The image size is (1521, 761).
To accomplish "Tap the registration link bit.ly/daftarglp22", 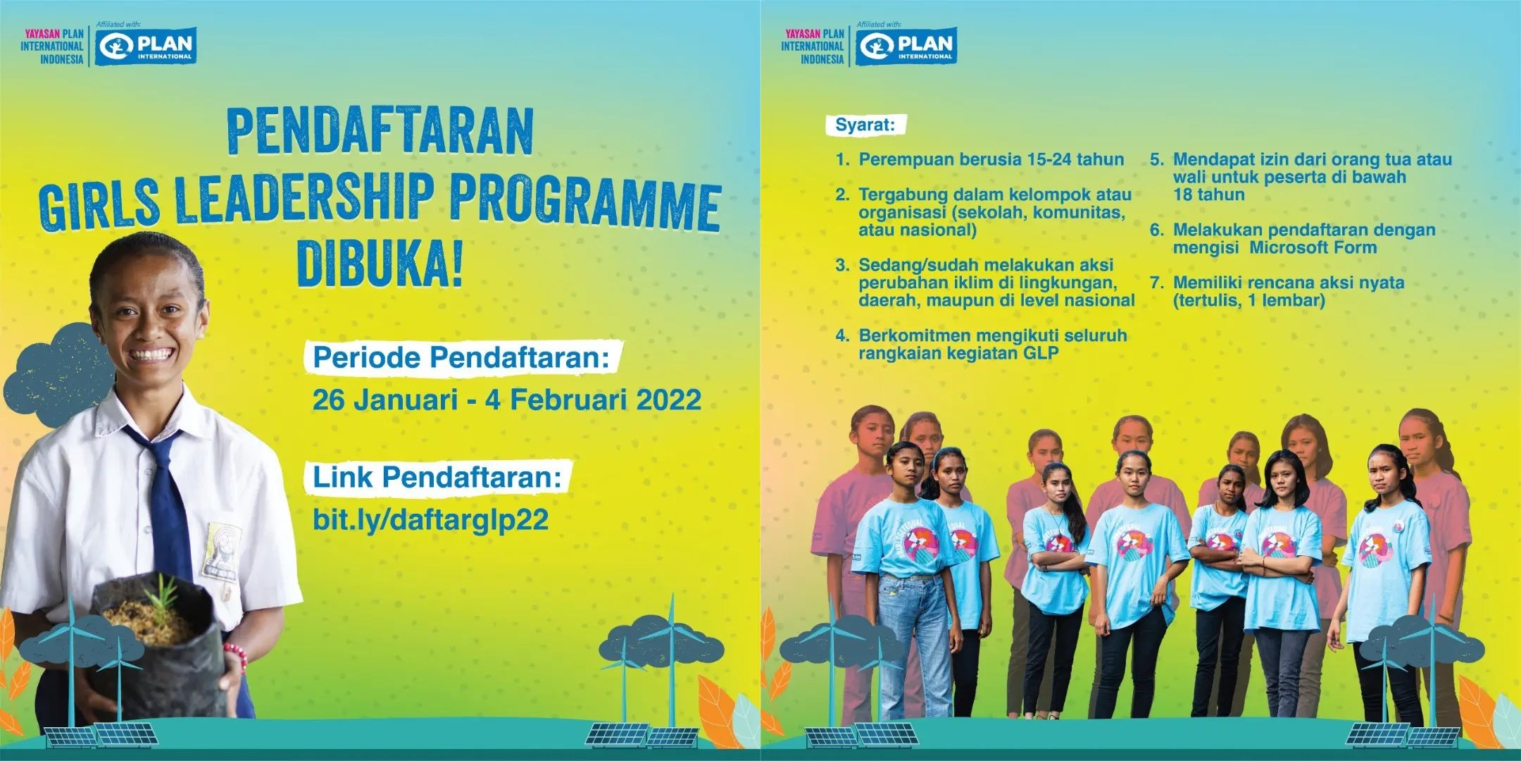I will click(x=430, y=520).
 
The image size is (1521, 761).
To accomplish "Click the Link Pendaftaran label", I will click(x=437, y=478).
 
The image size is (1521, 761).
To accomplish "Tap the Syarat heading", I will click(x=865, y=125).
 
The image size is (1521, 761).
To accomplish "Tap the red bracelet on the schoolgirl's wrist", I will click(x=237, y=655).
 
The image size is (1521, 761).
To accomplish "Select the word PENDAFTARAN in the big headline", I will click(x=380, y=132).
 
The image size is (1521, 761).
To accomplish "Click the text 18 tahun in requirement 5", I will click(x=1208, y=195).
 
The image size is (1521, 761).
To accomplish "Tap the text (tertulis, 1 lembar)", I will click(x=1248, y=301).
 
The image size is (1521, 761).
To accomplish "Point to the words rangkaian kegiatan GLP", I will click(x=958, y=354).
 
